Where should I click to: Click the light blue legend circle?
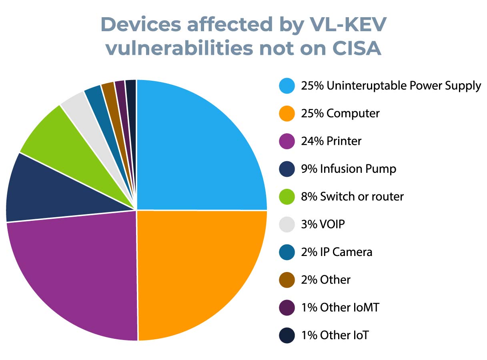point(287,86)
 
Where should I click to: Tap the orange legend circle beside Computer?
point(287,114)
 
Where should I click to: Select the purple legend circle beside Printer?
point(287,141)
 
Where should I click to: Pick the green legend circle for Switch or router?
point(287,197)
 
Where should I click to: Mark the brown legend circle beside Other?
point(287,280)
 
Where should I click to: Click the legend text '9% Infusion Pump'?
point(349,169)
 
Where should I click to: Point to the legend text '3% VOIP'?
point(323,224)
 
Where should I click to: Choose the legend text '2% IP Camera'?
point(337,252)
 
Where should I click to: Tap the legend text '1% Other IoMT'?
point(340,308)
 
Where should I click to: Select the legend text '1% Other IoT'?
point(335,335)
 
